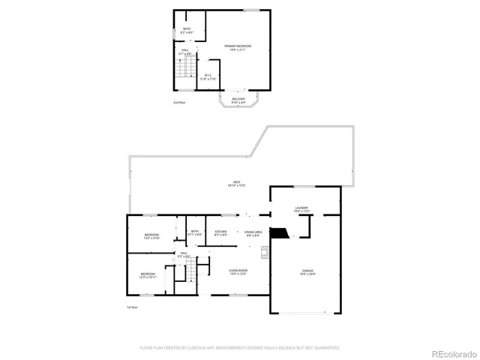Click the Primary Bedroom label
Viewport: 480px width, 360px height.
coord(238,47)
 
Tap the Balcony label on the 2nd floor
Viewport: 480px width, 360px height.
coord(238,100)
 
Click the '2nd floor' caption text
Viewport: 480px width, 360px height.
coord(178,102)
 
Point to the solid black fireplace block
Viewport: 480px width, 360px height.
coord(278,233)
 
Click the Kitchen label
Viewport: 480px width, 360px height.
coord(221,233)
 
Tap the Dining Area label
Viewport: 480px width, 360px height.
coord(253,233)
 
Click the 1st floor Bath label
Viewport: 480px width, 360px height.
coord(194,233)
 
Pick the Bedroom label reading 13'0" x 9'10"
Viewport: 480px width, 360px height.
coord(152,236)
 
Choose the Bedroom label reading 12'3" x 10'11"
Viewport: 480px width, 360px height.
coord(148,275)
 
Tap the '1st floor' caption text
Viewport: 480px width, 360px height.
coord(133,307)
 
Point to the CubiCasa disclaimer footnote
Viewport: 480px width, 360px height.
coord(239,347)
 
